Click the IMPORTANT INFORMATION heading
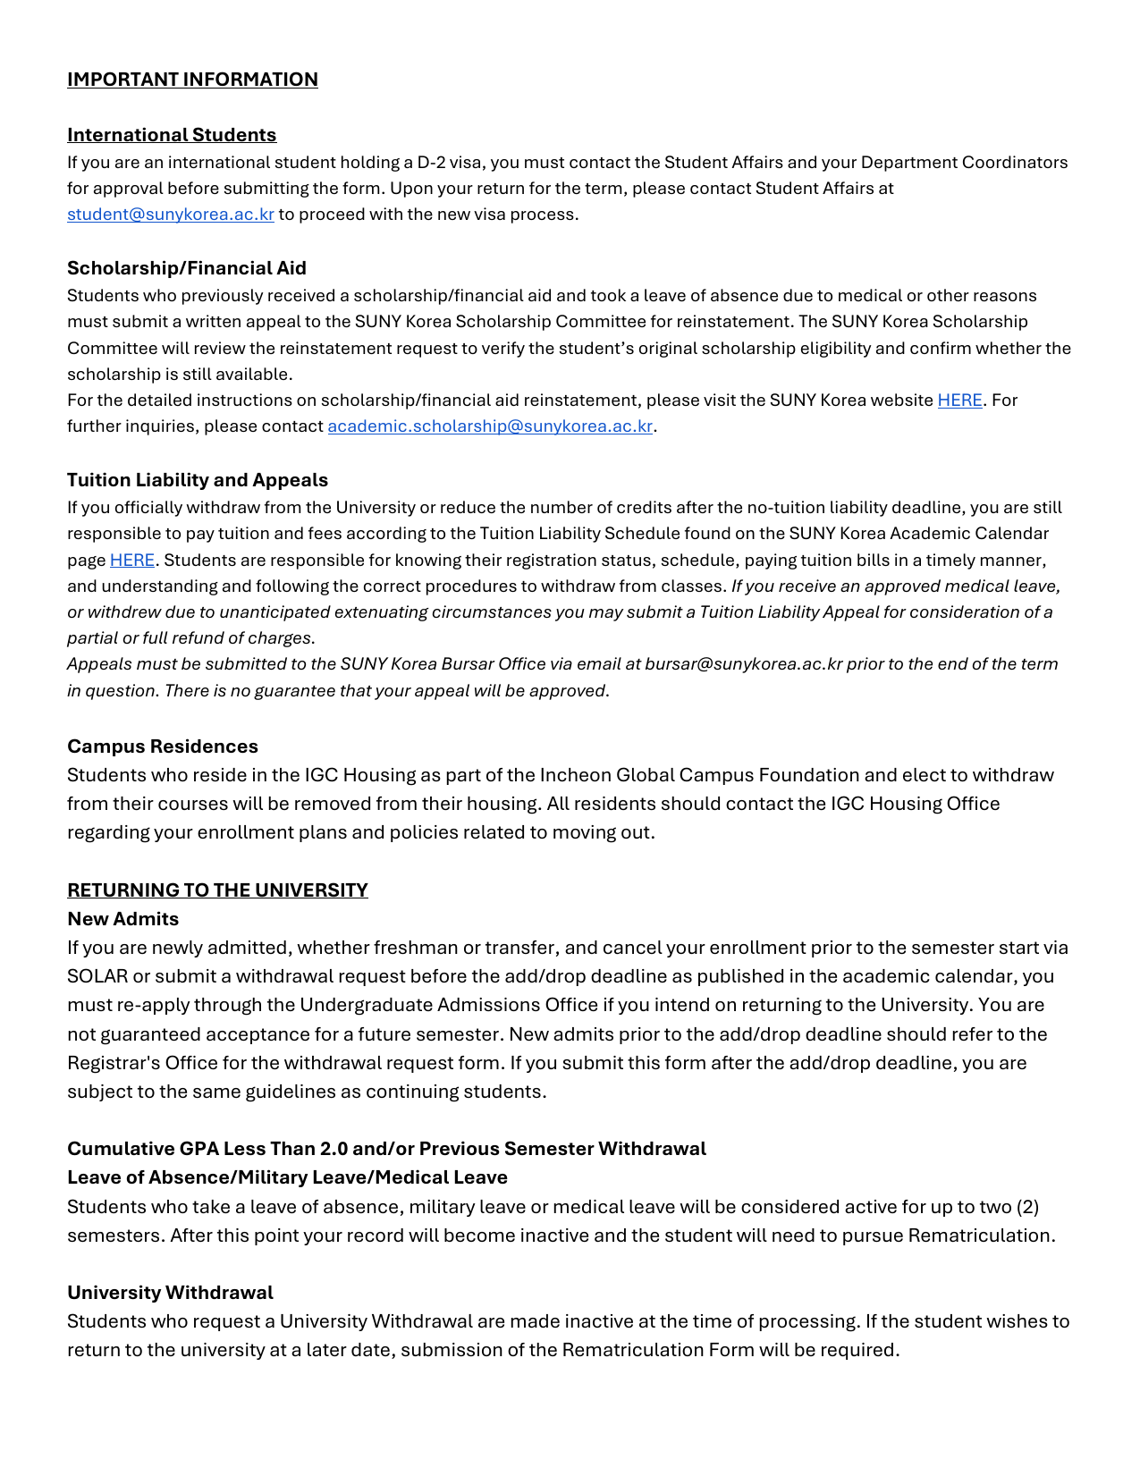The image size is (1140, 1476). click(x=192, y=80)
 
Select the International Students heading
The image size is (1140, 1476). click(x=172, y=135)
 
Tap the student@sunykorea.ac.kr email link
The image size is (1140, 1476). click(x=170, y=215)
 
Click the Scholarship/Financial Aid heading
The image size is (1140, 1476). click(x=187, y=268)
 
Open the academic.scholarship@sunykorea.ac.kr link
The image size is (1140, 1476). click(x=490, y=426)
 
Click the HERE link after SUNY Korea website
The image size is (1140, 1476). click(x=959, y=401)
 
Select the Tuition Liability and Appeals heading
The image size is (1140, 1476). click(x=198, y=480)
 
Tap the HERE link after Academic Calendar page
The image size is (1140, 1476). click(x=132, y=561)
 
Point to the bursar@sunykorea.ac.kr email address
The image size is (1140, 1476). click(x=743, y=664)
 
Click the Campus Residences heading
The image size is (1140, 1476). click(x=163, y=746)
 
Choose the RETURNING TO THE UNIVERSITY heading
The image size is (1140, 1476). click(x=217, y=890)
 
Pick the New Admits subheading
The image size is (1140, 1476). click(x=123, y=919)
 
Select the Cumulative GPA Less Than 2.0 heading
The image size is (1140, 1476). click(x=386, y=1149)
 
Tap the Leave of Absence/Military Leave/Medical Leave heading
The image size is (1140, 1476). click(x=287, y=1177)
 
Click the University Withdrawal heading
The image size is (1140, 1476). click(x=170, y=1293)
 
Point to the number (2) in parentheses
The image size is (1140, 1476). click(x=1027, y=1207)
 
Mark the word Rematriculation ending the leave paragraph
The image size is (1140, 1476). click(x=979, y=1236)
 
